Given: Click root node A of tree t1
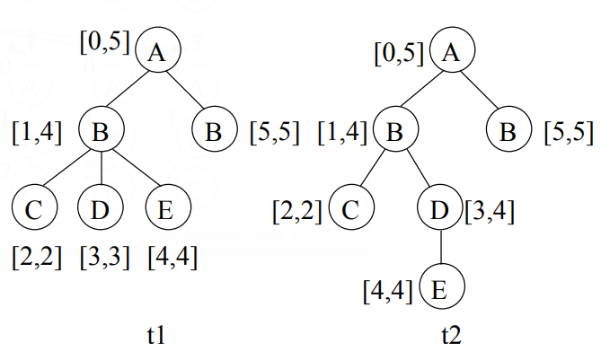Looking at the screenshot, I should (x=158, y=53).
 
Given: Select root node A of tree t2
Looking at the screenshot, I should (x=453, y=53).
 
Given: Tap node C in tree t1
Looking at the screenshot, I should (x=35, y=210).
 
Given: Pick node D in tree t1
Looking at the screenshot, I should (x=101, y=210).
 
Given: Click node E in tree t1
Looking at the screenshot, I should (x=167, y=210).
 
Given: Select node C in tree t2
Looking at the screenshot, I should (x=351, y=211).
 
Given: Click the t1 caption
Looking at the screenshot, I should (x=155, y=337).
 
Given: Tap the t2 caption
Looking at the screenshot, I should (x=450, y=337).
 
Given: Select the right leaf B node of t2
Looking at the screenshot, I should (x=508, y=133).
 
